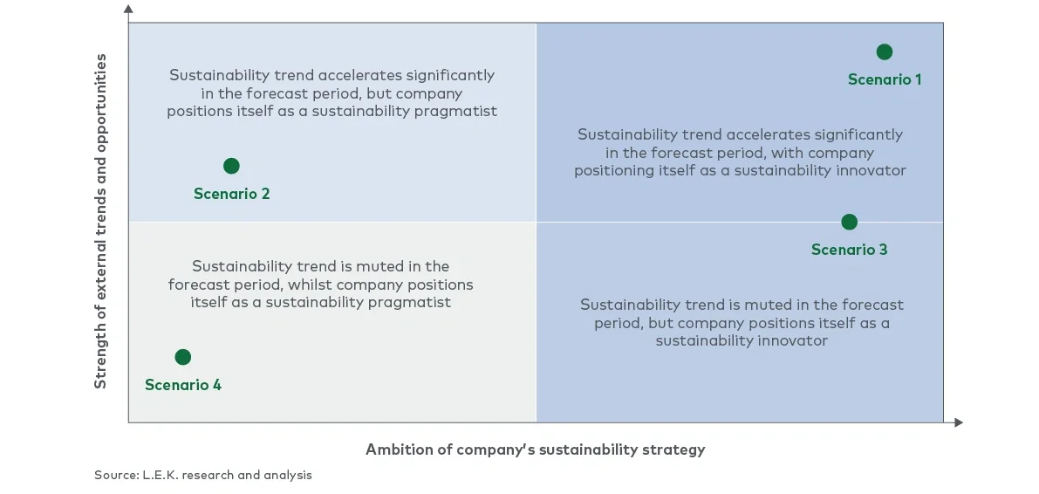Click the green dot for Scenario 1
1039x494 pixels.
tap(884, 51)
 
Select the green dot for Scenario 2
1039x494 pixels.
tap(231, 166)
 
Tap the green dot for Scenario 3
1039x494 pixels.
tap(849, 222)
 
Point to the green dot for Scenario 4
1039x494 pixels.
tap(182, 356)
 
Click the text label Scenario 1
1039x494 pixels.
tap(885, 79)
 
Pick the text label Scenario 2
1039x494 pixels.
tap(231, 194)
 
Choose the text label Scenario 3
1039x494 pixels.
tap(849, 250)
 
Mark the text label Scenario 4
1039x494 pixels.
tap(183, 385)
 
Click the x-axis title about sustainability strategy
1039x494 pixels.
tap(535, 449)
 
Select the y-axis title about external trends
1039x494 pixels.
tap(100, 221)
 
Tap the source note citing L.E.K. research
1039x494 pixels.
tap(203, 476)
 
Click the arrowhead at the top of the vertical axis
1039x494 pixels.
tap(128, 9)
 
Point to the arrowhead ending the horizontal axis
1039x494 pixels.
tap(959, 422)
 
